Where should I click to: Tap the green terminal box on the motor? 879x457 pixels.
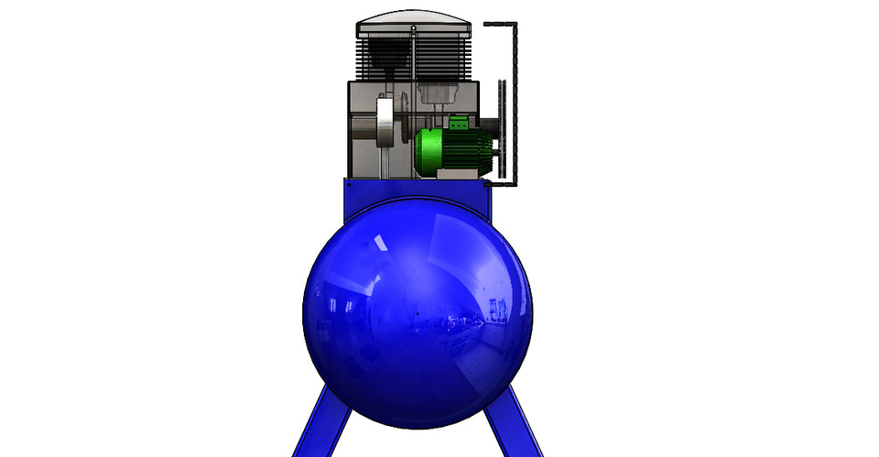[458, 120]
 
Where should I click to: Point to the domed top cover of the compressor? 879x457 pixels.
[415, 19]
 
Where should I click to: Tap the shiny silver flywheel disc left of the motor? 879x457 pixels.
[386, 124]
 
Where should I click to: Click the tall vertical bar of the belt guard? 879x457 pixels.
[515, 101]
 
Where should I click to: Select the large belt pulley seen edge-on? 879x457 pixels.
[500, 128]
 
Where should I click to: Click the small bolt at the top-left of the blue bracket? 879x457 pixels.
[350, 183]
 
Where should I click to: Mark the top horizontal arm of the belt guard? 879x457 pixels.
[499, 22]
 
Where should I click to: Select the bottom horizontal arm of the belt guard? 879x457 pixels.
[505, 182]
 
